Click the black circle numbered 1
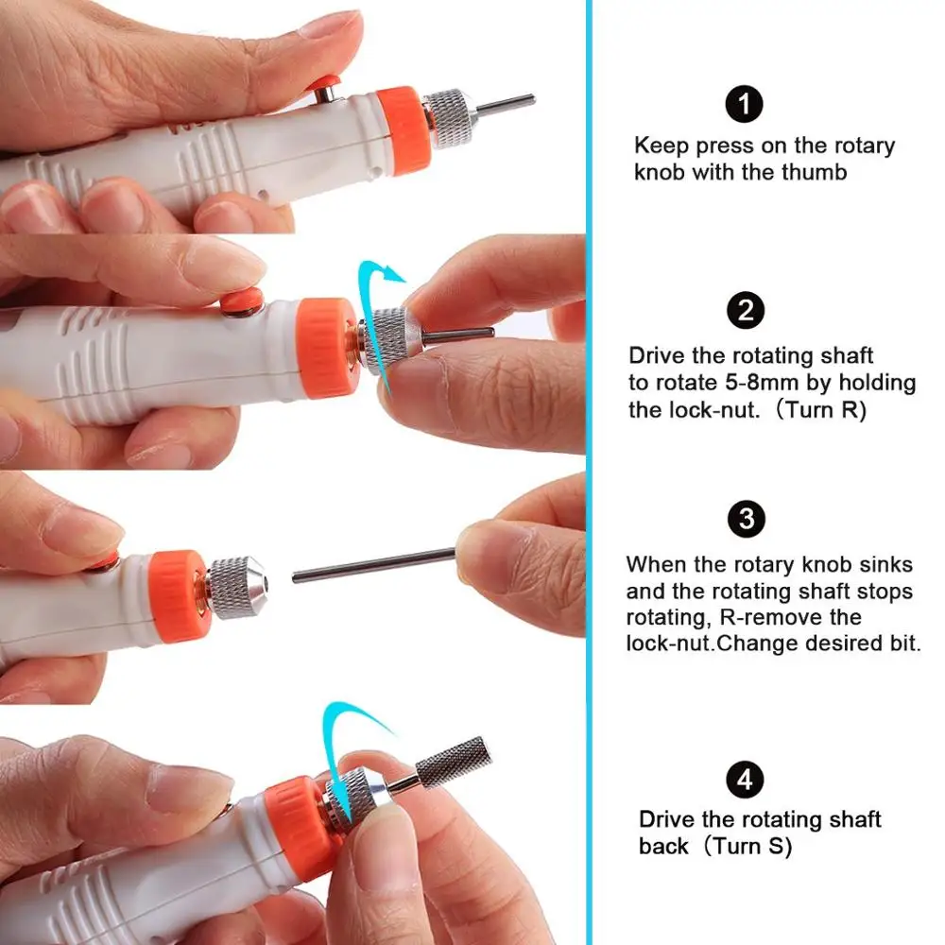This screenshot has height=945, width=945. [x=745, y=104]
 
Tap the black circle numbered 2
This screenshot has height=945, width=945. [x=746, y=310]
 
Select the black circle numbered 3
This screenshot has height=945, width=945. [x=747, y=519]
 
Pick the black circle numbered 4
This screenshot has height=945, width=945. [x=745, y=780]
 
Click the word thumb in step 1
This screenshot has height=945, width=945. [x=815, y=172]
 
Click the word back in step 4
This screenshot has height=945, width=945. [x=663, y=846]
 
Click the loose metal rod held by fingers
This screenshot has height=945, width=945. [x=373, y=565]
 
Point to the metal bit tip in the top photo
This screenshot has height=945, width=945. [x=505, y=105]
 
